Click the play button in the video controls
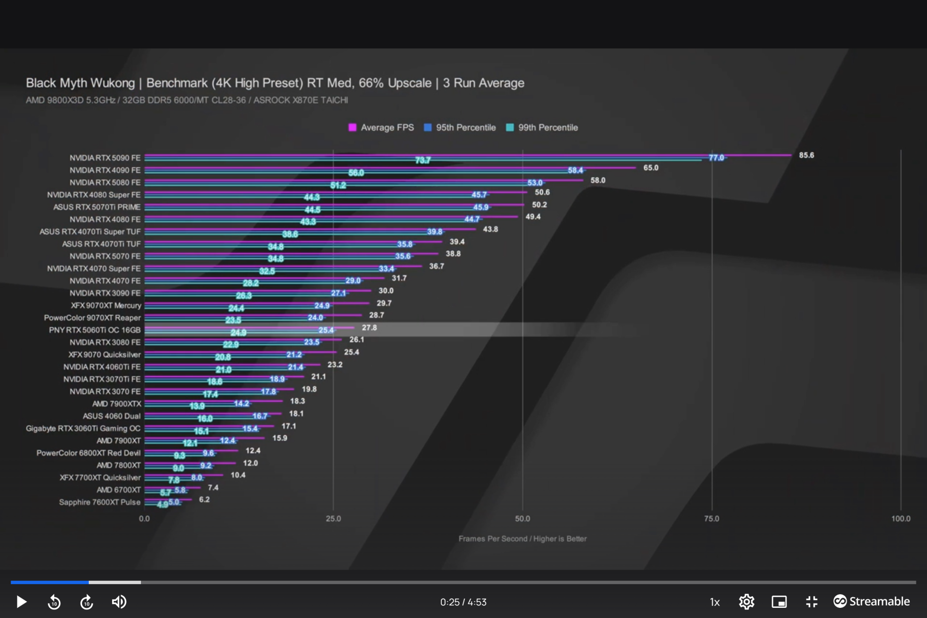tap(21, 602)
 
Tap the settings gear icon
tap(746, 602)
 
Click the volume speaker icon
tap(119, 602)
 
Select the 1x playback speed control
tap(715, 602)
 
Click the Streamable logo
tap(871, 601)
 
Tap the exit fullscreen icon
tap(812, 602)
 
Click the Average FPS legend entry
tap(381, 127)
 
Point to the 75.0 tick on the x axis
tap(711, 519)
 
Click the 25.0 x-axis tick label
tap(333, 519)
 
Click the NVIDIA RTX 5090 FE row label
tap(105, 158)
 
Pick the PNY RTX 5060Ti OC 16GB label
tap(95, 330)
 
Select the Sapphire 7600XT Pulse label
tap(99, 502)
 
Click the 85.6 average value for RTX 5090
tap(806, 155)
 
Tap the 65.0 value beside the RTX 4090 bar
tap(650, 168)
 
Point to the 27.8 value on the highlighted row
tap(369, 327)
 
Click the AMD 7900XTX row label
tap(117, 404)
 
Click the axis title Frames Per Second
tap(522, 538)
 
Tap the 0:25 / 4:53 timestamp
tap(463, 602)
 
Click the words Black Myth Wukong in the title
tap(80, 83)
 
